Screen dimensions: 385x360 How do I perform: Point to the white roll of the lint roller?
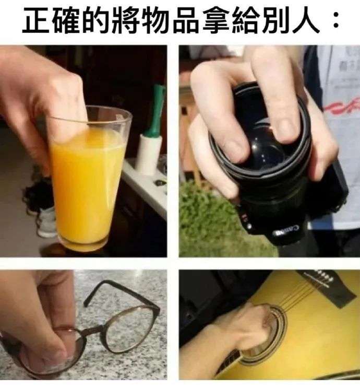click(148, 154)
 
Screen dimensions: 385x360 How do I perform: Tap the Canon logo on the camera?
click(285, 231)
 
